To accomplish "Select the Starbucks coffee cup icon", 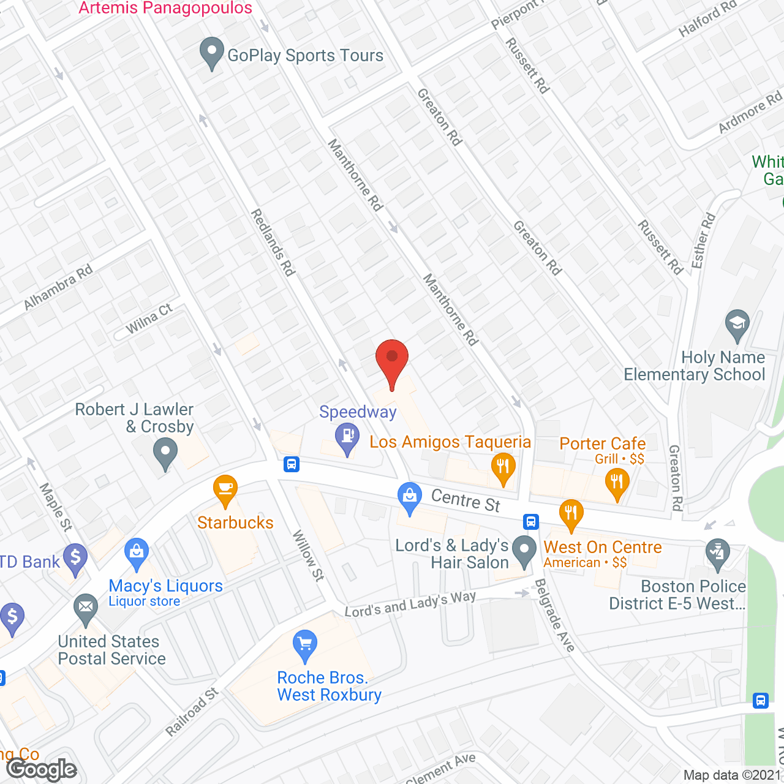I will coord(225,490).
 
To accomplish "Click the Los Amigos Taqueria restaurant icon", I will coord(503,467).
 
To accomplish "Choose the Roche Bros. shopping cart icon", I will coord(305,645).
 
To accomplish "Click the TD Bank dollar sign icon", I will coord(75,559).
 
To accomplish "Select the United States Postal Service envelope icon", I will coord(86,609).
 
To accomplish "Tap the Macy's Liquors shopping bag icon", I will coord(137,553).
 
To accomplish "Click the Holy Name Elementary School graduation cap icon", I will coord(737,324).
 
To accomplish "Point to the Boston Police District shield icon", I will coord(718,553).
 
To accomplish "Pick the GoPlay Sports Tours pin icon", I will coord(212,53).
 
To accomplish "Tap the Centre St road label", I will coord(466,500).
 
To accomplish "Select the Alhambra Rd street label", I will coord(58,287).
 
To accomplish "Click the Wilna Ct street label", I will coord(149,319).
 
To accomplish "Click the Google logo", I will coord(42,769).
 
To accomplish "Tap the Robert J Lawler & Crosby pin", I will coord(165,456).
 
